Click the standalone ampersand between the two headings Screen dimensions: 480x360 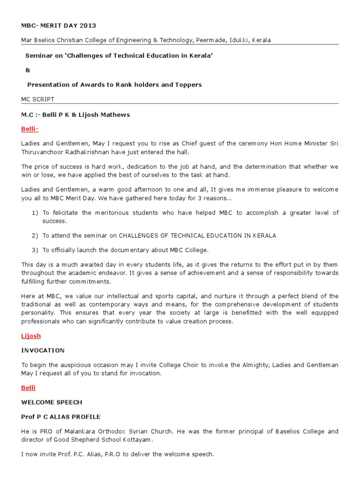click(x=27, y=70)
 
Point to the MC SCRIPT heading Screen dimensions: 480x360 click(x=37, y=99)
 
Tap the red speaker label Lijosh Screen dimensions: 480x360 click(x=31, y=336)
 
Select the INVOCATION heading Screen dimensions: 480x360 click(x=43, y=350)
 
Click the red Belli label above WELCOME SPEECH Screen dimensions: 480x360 click(x=28, y=388)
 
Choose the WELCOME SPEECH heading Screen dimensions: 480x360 click(x=52, y=402)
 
